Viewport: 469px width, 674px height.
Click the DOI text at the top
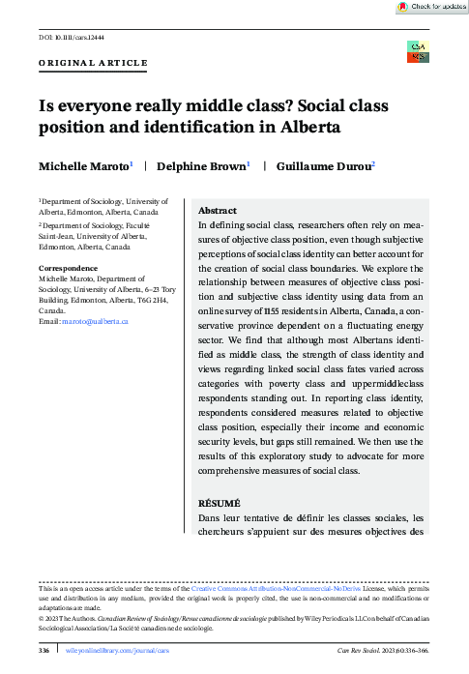click(x=71, y=39)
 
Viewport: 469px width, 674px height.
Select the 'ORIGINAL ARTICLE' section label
click(x=93, y=63)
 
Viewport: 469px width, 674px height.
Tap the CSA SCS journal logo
click(x=418, y=51)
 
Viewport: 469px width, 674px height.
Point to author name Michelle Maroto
click(x=84, y=167)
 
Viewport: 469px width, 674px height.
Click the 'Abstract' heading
click(x=218, y=210)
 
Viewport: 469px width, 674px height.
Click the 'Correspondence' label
click(x=68, y=267)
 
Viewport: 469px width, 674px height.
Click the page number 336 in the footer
click(x=43, y=652)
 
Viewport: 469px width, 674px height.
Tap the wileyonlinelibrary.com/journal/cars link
click(x=110, y=652)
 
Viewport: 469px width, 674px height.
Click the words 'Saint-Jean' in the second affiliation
click(x=58, y=235)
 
